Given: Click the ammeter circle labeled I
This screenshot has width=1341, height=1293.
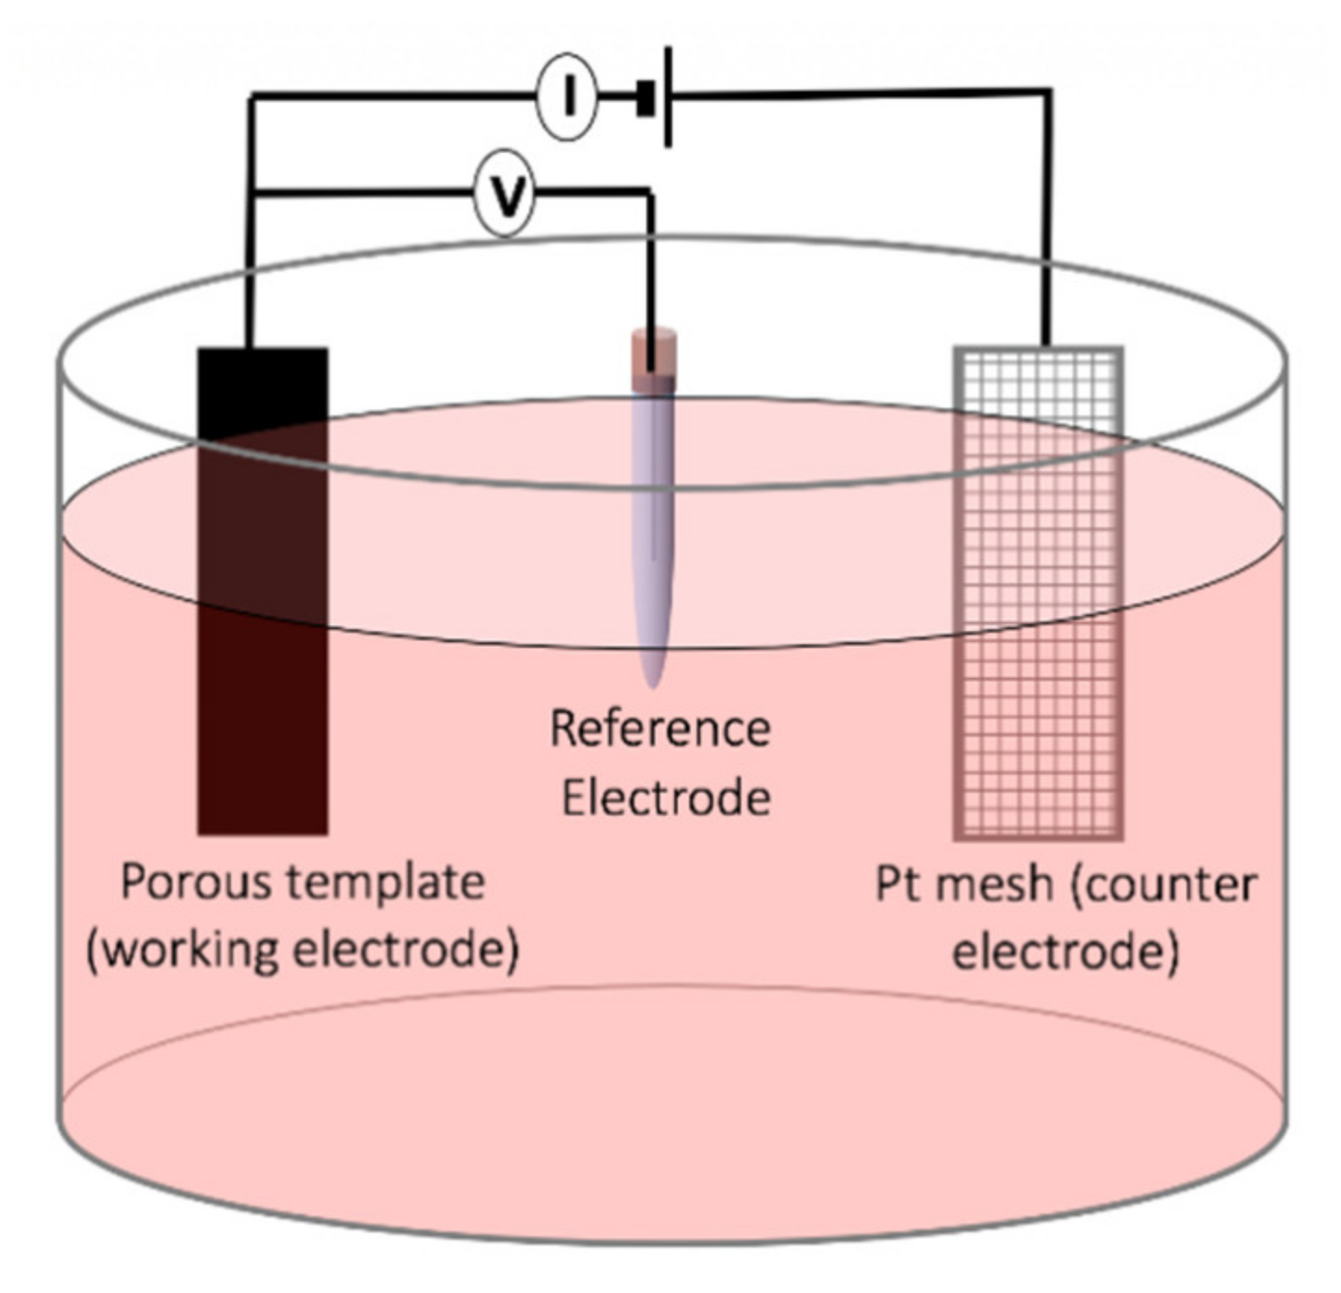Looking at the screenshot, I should (566, 96).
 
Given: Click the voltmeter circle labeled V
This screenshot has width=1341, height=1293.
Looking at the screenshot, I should (505, 195).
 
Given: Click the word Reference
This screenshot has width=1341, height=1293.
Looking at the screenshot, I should (660, 729).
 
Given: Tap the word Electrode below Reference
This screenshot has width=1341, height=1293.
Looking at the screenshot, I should (666, 799).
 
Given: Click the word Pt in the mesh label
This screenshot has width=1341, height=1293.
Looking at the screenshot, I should (898, 884).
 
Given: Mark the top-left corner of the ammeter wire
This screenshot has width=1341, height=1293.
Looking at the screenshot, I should (251, 96).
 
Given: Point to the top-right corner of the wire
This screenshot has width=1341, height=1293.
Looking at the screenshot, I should (1049, 92).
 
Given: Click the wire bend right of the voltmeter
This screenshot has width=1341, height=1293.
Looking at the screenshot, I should (649, 194).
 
